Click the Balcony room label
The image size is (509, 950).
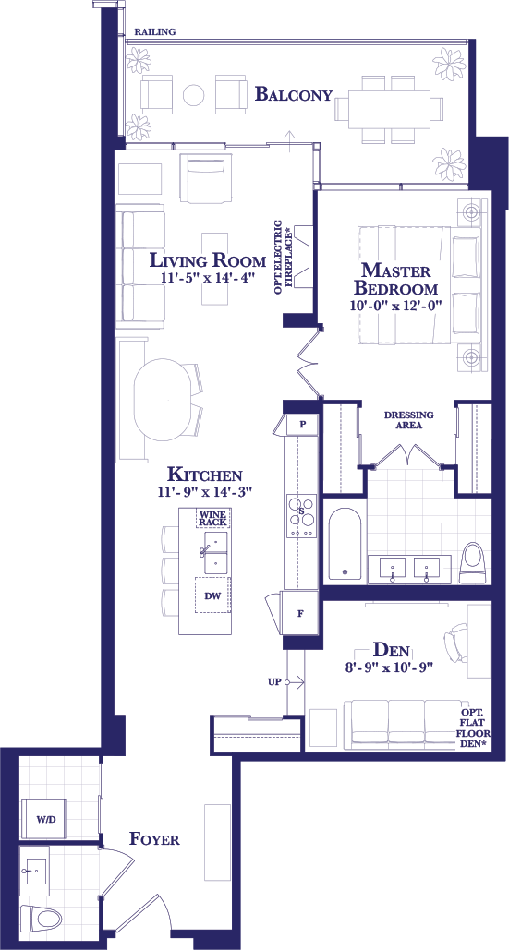click(294, 94)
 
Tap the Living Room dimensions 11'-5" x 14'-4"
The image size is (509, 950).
click(207, 278)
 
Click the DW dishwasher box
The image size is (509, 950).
click(212, 595)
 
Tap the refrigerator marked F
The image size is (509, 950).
click(300, 613)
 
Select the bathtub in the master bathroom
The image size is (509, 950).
click(345, 544)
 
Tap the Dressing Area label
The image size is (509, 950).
click(409, 420)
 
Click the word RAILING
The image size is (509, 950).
click(155, 31)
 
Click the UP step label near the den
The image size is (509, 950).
click(273, 682)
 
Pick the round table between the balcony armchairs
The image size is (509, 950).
click(194, 94)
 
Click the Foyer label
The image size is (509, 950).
click(154, 840)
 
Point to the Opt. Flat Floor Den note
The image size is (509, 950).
click(477, 728)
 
